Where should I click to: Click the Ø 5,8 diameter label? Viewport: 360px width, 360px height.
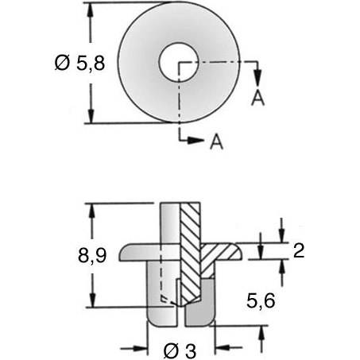50,64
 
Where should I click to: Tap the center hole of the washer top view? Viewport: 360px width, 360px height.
180,63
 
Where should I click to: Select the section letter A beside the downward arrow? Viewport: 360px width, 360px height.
257,97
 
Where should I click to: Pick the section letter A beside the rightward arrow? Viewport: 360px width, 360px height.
215,142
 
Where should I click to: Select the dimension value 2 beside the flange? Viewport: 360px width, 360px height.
299,251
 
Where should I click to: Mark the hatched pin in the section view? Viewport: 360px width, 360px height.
190,254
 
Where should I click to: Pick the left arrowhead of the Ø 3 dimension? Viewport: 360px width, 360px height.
144,347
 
